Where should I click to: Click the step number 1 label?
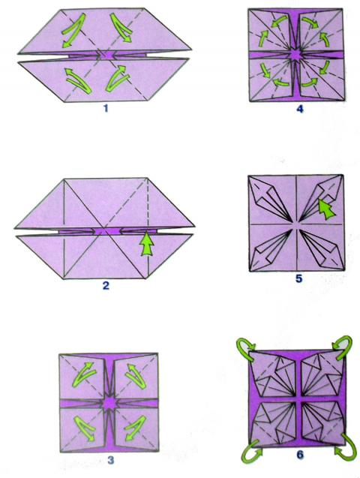click(x=106, y=108)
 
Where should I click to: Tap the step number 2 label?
click(x=106, y=286)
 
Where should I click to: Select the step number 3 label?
click(x=110, y=460)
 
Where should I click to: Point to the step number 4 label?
click(x=300, y=109)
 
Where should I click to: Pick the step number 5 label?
click(x=299, y=278)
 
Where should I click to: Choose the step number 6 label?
click(x=300, y=455)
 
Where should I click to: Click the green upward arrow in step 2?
click(x=147, y=244)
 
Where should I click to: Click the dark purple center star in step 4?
click(x=295, y=55)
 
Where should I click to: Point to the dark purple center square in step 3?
click(x=109, y=404)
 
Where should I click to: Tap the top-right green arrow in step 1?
click(x=121, y=28)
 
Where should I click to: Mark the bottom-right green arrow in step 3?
click(x=136, y=428)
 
